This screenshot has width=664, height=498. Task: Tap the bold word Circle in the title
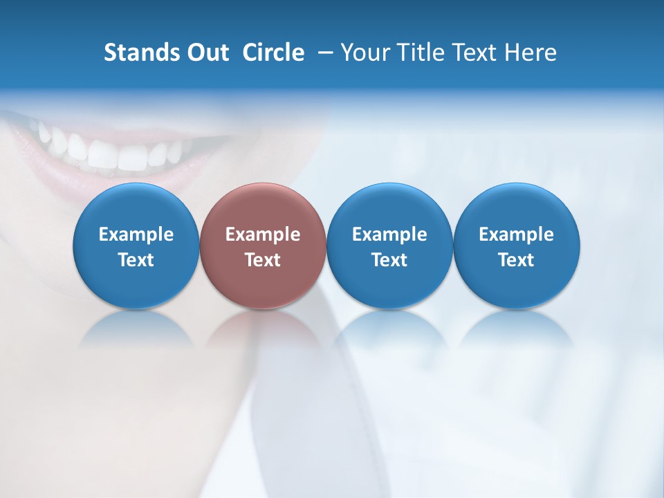pyautogui.click(x=273, y=53)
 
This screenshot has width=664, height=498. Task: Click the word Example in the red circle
pyautogui.click(x=263, y=234)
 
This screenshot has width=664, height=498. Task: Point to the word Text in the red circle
pyautogui.click(x=263, y=260)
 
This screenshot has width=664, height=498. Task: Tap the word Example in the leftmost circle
pyautogui.click(x=136, y=234)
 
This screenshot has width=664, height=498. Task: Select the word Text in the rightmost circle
pyautogui.click(x=517, y=260)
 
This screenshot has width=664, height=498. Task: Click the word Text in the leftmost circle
pyautogui.click(x=136, y=260)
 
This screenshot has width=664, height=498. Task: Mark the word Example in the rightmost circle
pyautogui.click(x=517, y=234)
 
